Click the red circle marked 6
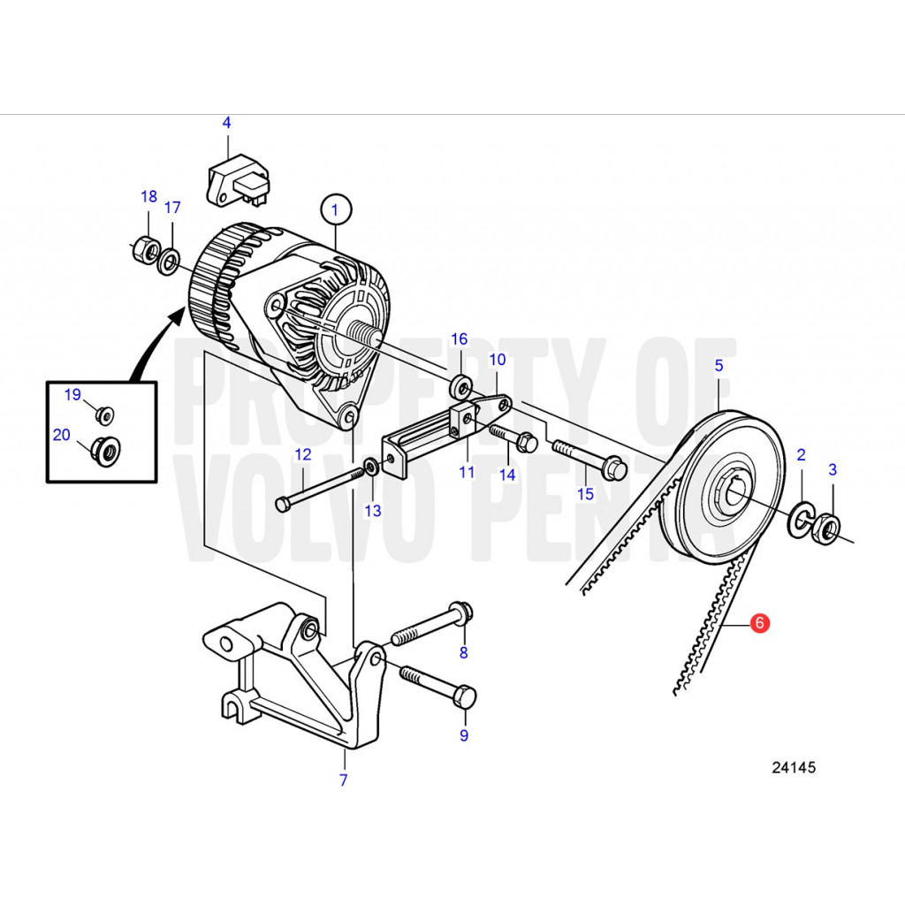click(x=759, y=623)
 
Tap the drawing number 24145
click(x=794, y=767)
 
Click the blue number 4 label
click(x=227, y=122)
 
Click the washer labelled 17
click(x=169, y=261)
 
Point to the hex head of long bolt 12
click(x=282, y=505)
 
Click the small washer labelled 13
click(x=372, y=466)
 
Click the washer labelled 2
click(x=802, y=516)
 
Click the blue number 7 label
click(x=344, y=780)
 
